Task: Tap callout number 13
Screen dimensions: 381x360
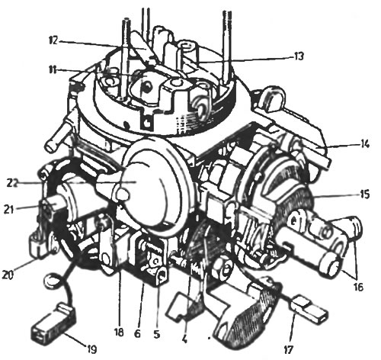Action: (x=298, y=56)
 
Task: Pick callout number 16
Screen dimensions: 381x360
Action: (x=357, y=287)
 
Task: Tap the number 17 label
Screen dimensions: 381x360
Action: (x=288, y=350)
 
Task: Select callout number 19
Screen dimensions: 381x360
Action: (x=91, y=349)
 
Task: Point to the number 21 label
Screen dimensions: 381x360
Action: (x=9, y=209)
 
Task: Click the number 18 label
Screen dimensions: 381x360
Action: (x=119, y=333)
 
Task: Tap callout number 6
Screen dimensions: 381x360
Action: (x=137, y=333)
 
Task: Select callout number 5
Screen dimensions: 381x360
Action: (x=157, y=334)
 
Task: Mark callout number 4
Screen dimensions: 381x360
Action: (x=184, y=339)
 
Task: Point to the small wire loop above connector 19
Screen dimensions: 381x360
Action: (x=52, y=280)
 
